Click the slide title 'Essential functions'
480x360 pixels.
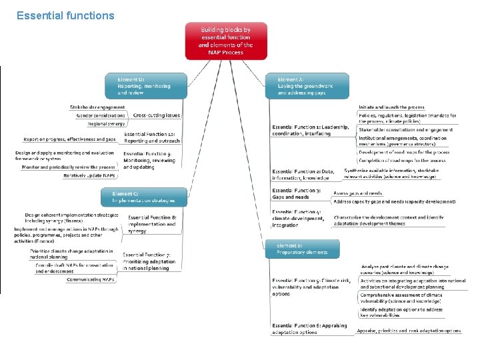[x=65, y=15]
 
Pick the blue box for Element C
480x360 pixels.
[x=139, y=197]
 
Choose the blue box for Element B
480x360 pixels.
[x=303, y=249]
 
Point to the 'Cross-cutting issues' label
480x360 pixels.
[x=157, y=115]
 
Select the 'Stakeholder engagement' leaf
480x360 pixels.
[x=97, y=107]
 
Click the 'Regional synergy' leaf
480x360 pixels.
[x=106, y=123]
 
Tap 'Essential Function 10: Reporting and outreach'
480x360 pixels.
[x=151, y=137]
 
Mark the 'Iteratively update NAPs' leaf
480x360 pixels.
[x=89, y=175]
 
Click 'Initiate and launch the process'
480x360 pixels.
[x=391, y=107]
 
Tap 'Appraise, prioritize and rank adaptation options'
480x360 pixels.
[x=409, y=331]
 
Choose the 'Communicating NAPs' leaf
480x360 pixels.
[x=91, y=280]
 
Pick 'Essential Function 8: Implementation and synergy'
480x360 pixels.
[x=152, y=224]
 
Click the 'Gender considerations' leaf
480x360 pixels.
[x=101, y=115]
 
